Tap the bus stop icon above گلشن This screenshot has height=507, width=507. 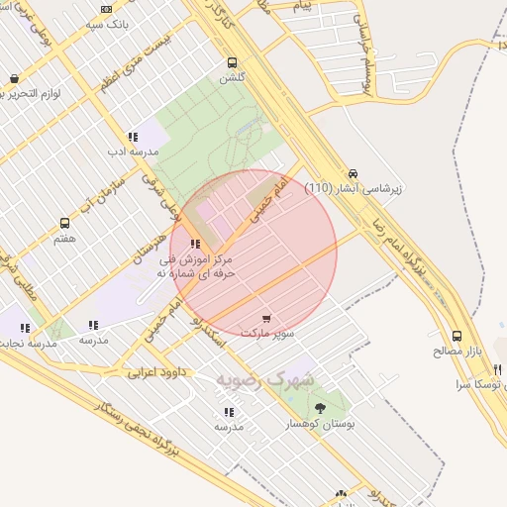click(x=232, y=61)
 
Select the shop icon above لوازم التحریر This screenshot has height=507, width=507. click(x=14, y=79)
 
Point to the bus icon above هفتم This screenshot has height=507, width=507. click(x=65, y=224)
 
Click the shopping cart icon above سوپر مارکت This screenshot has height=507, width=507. click(x=265, y=319)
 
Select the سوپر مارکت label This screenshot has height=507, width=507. click(x=271, y=334)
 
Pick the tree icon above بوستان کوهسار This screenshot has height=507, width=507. click(x=319, y=408)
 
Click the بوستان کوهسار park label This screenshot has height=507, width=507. click(x=319, y=424)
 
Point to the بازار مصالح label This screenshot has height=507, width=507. click(x=456, y=352)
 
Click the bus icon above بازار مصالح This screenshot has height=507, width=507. click(x=456, y=337)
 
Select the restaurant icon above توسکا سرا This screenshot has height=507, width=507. click(x=497, y=369)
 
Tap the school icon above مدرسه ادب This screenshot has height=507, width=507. click(x=133, y=138)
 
